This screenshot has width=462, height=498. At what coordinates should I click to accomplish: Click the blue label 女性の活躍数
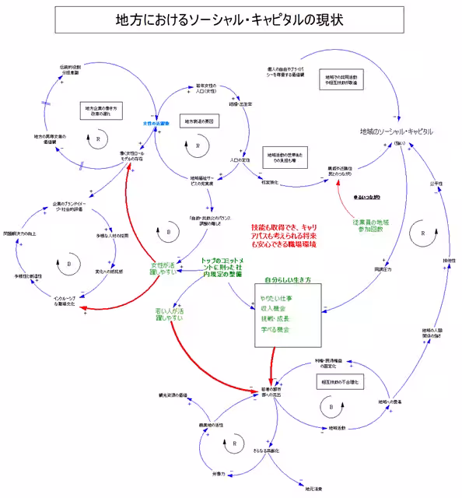pos(156,123)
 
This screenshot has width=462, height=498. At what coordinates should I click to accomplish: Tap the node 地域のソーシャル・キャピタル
pos(396,132)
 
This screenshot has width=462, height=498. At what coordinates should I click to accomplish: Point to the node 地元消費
pos(313,489)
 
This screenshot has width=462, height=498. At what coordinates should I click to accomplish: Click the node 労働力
pos(217,473)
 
